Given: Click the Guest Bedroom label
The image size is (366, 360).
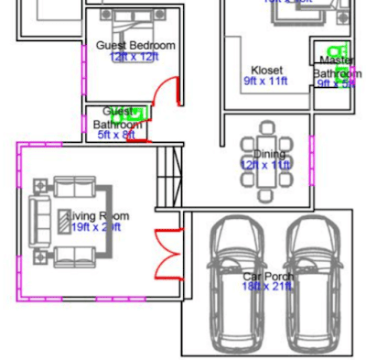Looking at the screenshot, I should point(135,45).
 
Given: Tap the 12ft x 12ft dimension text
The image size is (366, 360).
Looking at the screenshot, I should point(135,56).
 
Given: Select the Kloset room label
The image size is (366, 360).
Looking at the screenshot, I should point(267,70).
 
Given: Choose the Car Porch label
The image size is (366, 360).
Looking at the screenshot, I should point(267,276).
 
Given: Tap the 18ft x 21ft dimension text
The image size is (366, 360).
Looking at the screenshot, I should point(267,287).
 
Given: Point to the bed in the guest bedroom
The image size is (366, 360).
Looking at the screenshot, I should point(134,23).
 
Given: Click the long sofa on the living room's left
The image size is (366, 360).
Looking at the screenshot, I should point(41,221).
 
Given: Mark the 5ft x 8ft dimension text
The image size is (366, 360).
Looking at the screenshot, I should point(116,135).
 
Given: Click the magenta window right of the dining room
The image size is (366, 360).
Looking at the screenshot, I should point(312,157).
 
